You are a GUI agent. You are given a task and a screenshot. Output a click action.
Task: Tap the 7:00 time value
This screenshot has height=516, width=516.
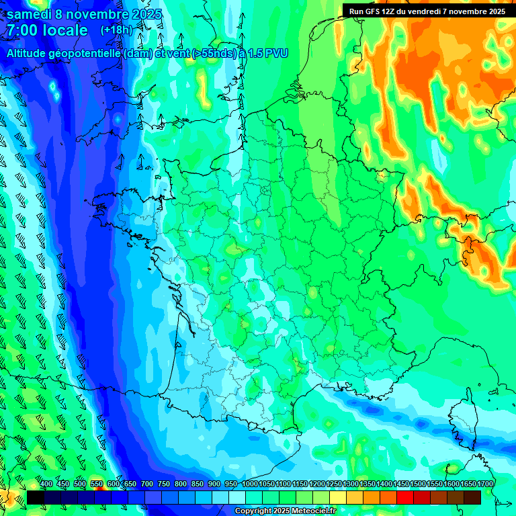pos(21,30)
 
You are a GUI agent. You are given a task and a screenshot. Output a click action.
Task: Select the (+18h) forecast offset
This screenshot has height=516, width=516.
pos(116,30)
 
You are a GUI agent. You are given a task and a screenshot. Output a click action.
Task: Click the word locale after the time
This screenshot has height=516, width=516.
pos(64,30)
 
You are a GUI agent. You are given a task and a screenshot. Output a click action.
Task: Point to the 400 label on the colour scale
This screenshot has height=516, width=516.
pos(46,484)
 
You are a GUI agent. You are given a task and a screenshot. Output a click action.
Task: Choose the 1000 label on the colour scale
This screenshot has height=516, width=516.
pos(249,484)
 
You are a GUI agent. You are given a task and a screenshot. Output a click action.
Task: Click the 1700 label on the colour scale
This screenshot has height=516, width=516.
pos(485,484)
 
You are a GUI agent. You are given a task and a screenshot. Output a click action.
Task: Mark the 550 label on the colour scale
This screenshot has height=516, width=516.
pos(97,484)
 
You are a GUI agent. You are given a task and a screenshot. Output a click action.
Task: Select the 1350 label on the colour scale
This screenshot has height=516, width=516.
pos(368,484)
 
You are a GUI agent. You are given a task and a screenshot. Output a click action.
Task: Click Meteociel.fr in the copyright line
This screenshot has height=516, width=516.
pos(313,511)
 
